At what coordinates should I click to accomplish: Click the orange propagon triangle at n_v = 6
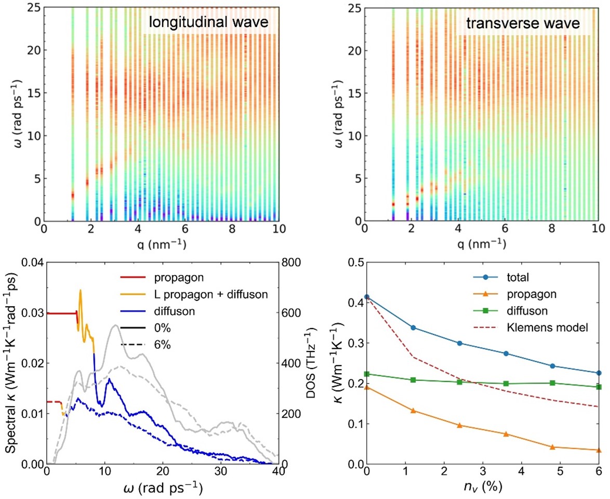[599, 450]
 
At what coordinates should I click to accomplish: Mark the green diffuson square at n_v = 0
[367, 374]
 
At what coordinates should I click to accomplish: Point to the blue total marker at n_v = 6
[599, 373]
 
